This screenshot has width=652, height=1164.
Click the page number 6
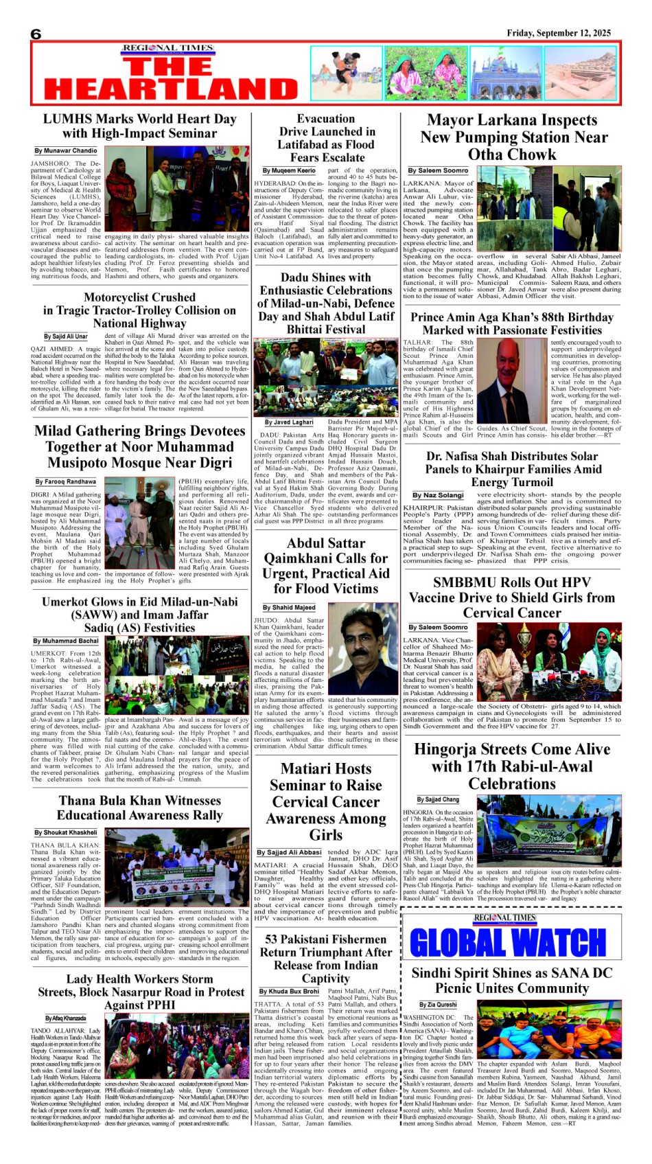36,34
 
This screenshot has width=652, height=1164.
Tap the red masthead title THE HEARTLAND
171,78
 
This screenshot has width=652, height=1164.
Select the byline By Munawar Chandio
66,150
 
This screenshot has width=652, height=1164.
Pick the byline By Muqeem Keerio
289,170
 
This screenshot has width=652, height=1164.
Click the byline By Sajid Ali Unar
66,336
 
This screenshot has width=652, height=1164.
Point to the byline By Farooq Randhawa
66,481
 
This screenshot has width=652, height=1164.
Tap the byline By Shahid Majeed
289,607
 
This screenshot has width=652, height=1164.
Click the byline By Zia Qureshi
438,1004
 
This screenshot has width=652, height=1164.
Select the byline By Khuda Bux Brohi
289,991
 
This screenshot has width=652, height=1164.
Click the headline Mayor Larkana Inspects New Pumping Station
512,137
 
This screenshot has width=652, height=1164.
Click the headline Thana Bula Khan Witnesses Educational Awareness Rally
140,808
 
